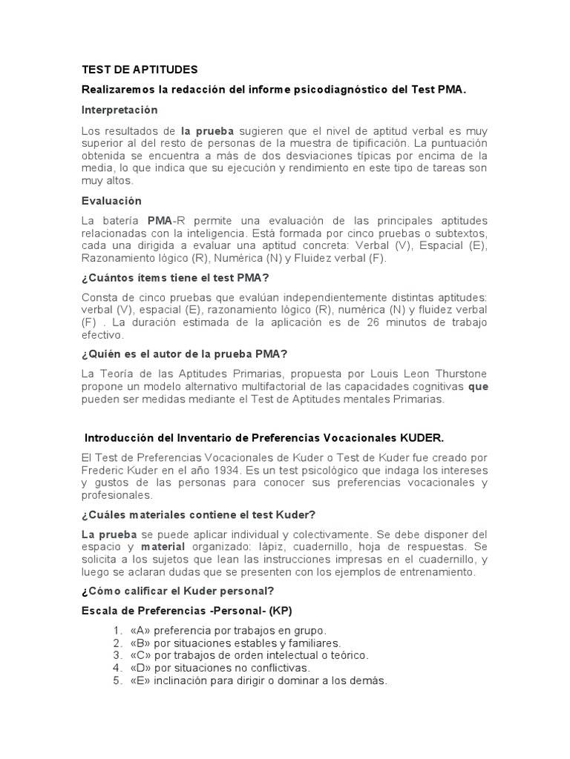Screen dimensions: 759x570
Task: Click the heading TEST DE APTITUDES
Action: coord(140,70)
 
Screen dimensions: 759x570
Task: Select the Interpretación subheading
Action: coord(119,110)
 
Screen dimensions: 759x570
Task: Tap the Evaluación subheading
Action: coord(111,201)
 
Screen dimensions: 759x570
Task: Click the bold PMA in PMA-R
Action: coord(160,221)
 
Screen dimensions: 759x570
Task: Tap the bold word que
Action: coord(478,386)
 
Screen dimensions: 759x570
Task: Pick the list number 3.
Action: coord(117,655)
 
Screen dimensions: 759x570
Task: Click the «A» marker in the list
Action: coord(139,630)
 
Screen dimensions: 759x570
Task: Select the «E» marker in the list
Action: coord(139,680)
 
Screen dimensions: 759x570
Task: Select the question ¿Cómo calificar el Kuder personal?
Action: coord(177,591)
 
